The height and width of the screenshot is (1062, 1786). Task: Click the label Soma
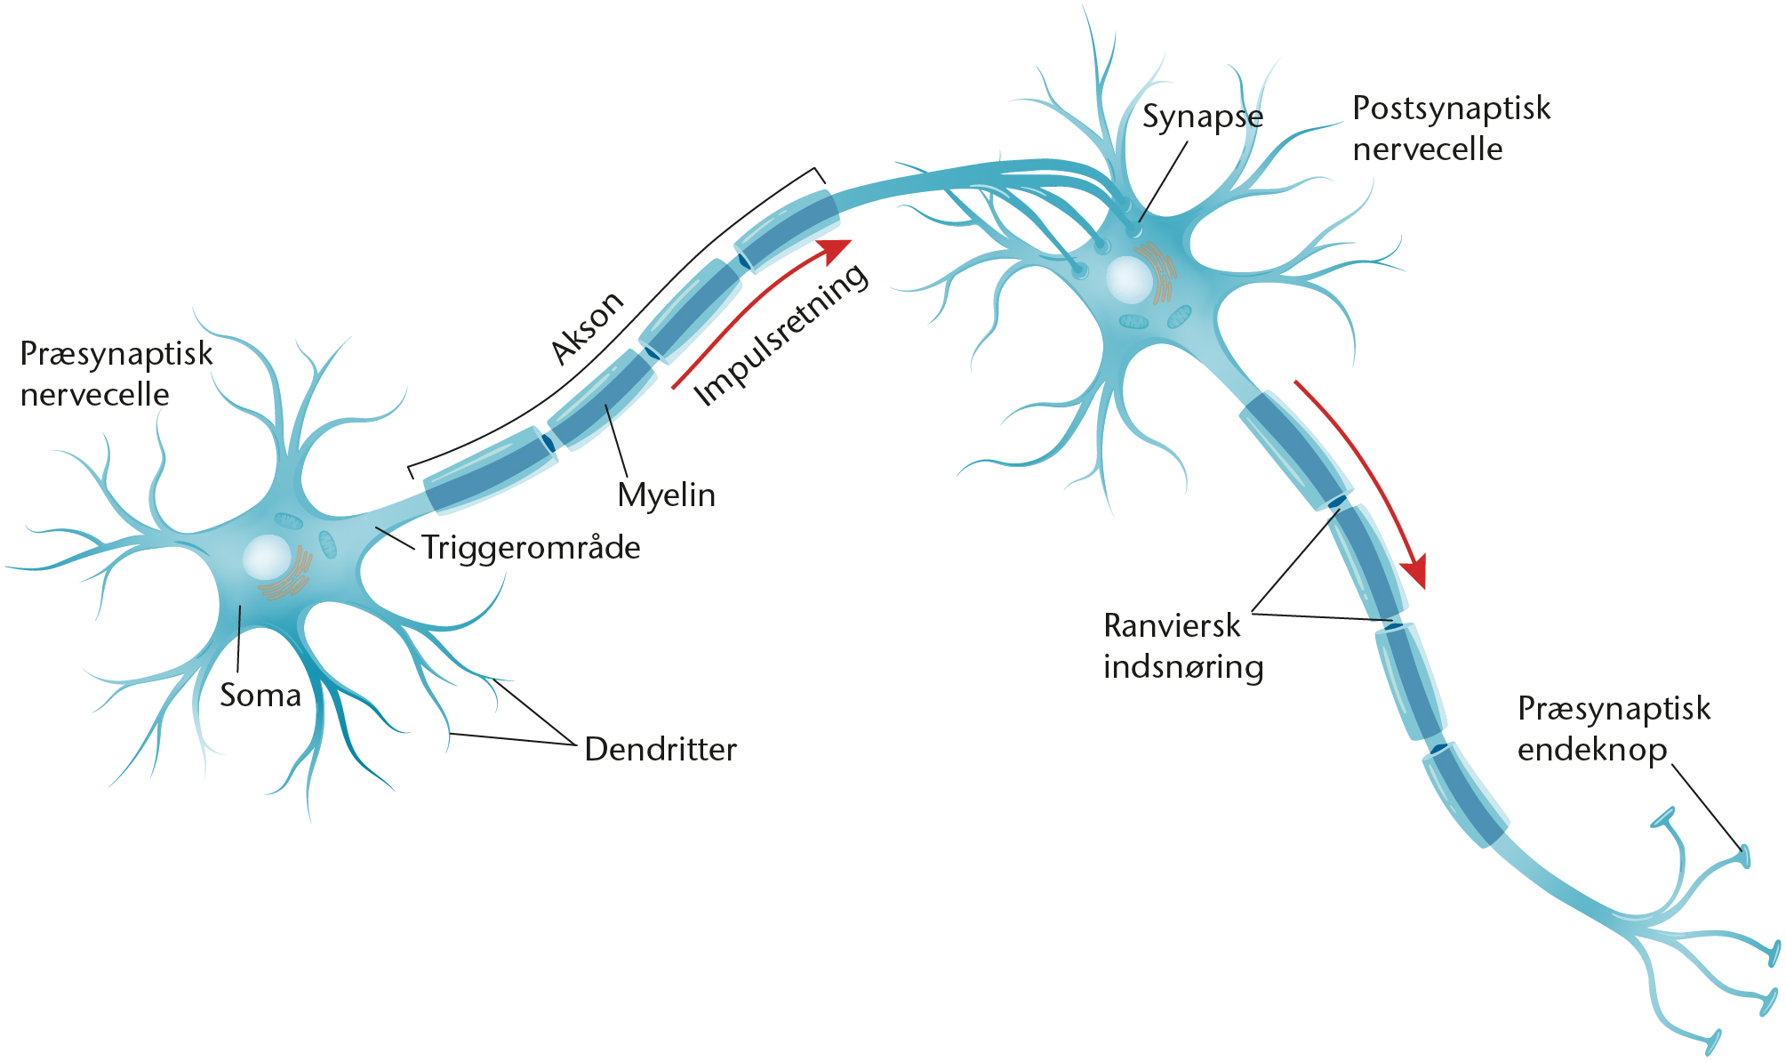tap(260, 696)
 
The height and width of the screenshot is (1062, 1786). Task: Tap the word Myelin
tap(666, 495)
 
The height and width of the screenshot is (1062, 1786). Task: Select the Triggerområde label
tap(531, 548)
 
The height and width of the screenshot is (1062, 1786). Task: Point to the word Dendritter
tap(661, 750)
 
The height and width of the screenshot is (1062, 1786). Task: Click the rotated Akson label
tap(587, 327)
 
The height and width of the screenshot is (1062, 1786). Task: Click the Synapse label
tap(1202, 117)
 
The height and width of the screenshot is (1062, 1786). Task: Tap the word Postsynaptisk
tap(1451, 109)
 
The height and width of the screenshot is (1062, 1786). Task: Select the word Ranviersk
tap(1171, 626)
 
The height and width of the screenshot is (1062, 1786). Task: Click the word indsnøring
tap(1182, 667)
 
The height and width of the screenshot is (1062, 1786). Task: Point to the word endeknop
tap(1591, 750)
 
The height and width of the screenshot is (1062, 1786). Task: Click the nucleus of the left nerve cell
tap(266, 557)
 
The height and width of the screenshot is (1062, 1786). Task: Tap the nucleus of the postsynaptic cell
tap(1129, 279)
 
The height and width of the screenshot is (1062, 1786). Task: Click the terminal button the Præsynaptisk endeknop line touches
tap(1744, 856)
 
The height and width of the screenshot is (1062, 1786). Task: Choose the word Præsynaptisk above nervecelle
tap(116, 354)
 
